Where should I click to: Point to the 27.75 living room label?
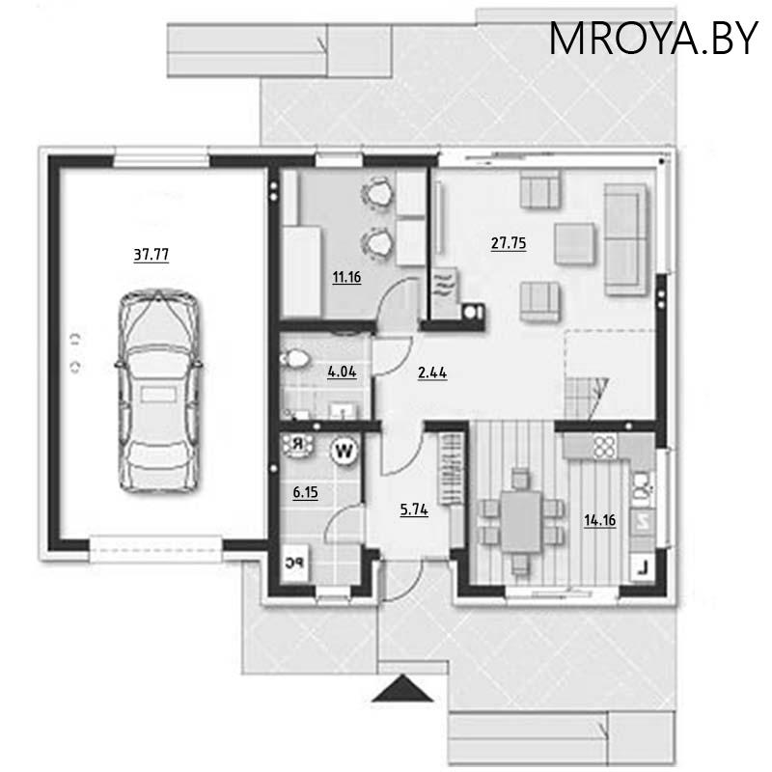[508, 244]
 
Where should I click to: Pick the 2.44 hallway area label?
[431, 372]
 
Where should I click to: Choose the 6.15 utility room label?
[306, 492]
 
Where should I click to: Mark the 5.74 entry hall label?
[414, 510]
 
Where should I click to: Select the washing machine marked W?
[343, 449]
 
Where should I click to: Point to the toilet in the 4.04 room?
[294, 359]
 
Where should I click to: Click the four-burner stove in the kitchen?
[604, 447]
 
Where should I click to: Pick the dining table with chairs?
[520, 521]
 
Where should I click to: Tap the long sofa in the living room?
[623, 238]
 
